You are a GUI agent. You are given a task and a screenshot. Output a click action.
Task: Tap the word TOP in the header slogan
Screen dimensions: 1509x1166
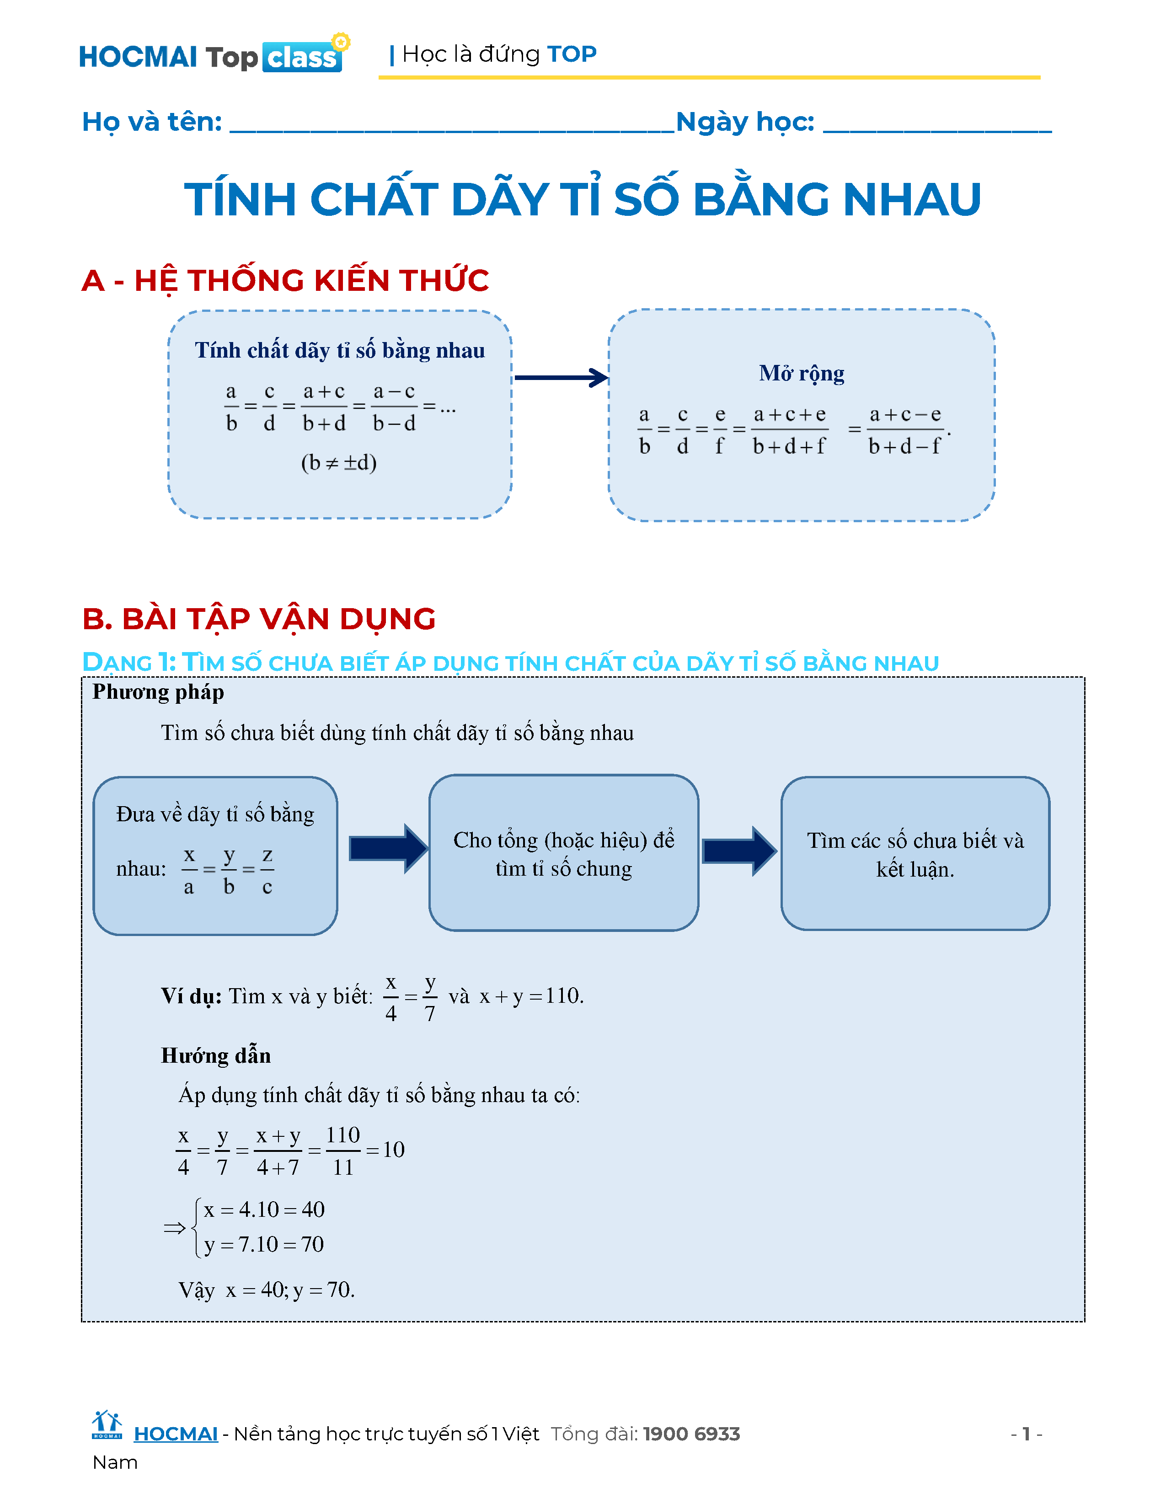[x=571, y=54]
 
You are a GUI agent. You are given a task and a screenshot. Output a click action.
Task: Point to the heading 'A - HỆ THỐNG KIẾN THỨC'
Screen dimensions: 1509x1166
[x=284, y=280]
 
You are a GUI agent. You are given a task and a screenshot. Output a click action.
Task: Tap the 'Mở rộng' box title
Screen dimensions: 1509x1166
[x=801, y=373]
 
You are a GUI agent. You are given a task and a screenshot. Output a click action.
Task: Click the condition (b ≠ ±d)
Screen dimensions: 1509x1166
[x=338, y=462]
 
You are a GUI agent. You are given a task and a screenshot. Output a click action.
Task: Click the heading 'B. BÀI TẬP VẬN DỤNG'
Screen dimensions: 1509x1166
[x=258, y=618]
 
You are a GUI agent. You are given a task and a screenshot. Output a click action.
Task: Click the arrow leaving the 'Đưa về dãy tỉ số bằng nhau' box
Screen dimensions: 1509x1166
[x=387, y=848]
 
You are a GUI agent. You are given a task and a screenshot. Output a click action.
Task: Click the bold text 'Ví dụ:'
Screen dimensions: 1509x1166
[x=191, y=995]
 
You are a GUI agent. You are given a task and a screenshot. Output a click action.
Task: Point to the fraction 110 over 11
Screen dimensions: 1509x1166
[x=342, y=1151]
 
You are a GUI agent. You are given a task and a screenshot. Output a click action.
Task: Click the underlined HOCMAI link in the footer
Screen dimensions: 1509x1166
[x=176, y=1434]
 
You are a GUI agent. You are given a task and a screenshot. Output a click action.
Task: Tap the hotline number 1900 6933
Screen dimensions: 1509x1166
[x=691, y=1434]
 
